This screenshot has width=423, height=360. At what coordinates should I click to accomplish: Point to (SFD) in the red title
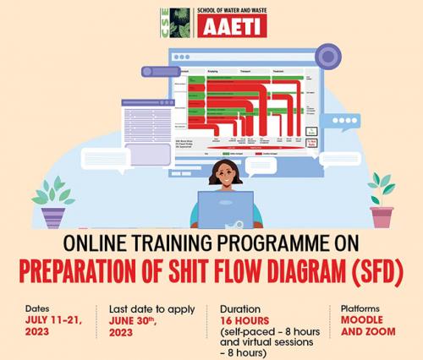pyautogui.click(x=370, y=273)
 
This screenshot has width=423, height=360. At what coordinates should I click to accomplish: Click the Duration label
pyautogui.click(x=240, y=309)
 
